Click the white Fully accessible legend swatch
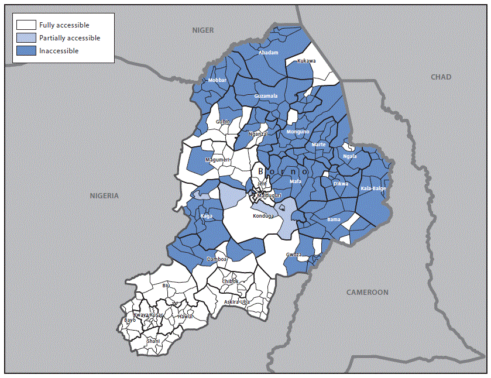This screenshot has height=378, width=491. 26,25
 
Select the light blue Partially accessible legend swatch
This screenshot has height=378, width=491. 26,38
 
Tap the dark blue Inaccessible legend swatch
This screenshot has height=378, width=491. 26,51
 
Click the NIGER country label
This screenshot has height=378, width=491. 204,30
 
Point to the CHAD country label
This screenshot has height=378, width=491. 441,77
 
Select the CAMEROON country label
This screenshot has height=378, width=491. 367,292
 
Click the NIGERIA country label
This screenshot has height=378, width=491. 104,196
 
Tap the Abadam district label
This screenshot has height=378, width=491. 268,53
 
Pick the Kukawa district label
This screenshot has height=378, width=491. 306,61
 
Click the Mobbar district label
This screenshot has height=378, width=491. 217,80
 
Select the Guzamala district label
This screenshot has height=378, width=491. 266,96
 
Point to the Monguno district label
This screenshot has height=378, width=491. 297,132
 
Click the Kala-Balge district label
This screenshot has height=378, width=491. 373,188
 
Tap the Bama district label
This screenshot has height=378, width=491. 334,219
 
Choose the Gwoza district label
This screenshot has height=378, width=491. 294,255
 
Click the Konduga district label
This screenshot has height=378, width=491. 263,215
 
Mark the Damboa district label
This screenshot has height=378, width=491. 217,259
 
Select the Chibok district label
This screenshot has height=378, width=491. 231,281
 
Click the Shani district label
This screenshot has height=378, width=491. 153,341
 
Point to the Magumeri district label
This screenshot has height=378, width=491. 217,160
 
